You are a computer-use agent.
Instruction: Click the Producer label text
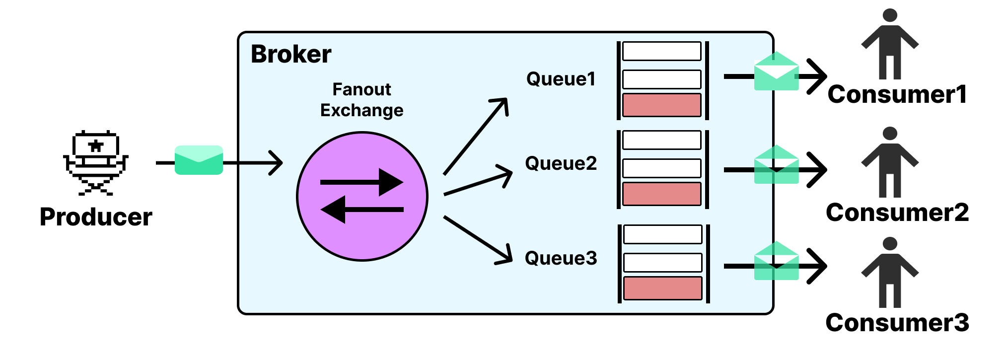tap(96, 217)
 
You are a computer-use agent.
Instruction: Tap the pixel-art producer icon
tap(96, 162)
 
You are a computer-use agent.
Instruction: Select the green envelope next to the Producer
tap(199, 160)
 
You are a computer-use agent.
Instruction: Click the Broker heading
tap(291, 54)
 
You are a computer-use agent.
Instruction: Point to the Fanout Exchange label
tap(361, 100)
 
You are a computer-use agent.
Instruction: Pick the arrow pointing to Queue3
tap(478, 240)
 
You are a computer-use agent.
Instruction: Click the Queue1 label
tap(561, 79)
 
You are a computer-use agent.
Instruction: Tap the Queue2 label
tap(561, 163)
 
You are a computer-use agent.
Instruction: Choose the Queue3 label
tap(561, 258)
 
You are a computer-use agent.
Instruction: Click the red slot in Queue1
tap(662, 105)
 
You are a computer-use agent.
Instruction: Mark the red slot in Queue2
tap(662, 194)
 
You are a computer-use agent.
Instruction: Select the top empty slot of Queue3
tap(662, 234)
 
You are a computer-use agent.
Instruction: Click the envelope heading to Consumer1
tap(776, 72)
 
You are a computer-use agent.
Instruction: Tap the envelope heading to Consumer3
tap(776, 262)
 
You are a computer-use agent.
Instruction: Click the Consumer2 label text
tap(897, 213)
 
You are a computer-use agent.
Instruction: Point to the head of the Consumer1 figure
tap(890, 15)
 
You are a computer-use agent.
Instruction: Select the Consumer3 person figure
tap(890, 273)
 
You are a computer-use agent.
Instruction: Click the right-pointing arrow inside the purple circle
tap(362, 182)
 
